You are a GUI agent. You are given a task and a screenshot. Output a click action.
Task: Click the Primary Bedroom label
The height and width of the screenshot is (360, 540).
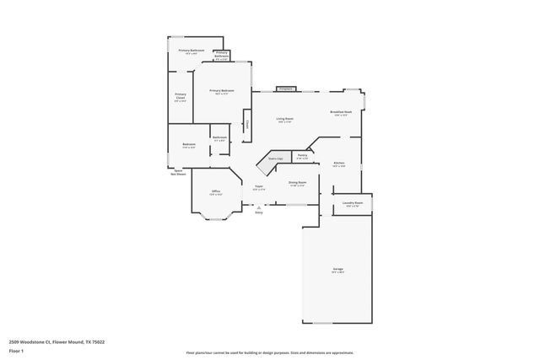pos(222,91)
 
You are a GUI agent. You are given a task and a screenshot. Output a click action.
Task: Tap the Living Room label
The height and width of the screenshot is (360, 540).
pos(284,120)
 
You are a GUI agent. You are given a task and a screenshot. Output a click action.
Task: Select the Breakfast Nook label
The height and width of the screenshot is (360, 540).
pos(341,114)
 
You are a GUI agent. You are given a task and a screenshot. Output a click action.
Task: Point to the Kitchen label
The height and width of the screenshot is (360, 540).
pos(338,163)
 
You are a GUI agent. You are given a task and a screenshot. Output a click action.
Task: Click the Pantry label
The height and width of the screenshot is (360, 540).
pos(302,156)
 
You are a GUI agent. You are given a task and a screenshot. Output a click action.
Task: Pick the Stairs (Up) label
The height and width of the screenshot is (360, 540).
pos(275,159)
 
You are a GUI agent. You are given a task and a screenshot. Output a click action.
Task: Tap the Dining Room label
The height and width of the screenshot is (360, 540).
pos(298,183)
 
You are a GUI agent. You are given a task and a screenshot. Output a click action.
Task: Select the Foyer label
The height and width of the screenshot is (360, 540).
pos(259,187)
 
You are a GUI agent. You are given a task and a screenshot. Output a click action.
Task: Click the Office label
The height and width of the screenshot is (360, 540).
pos(217,192)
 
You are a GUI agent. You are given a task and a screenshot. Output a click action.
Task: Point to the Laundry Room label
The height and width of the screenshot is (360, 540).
pos(353,204)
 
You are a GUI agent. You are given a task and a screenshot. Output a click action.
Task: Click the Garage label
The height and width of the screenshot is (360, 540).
pos(337,271)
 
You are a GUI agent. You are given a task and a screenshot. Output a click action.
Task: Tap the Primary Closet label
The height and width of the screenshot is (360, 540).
pos(181,96)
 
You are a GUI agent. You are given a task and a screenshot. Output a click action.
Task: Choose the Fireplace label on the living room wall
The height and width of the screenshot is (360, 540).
pos(285,88)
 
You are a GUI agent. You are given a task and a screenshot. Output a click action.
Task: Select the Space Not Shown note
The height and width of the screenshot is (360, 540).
pos(180,172)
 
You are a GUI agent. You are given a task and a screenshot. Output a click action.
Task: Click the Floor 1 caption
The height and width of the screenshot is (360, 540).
pos(16,351)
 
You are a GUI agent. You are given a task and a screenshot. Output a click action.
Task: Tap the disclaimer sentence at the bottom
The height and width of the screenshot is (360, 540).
pos(270,353)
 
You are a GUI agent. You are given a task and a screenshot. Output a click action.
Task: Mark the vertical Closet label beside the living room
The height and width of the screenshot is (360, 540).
pos(247,125)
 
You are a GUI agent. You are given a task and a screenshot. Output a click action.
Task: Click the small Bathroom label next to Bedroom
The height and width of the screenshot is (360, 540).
pos(219,138)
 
